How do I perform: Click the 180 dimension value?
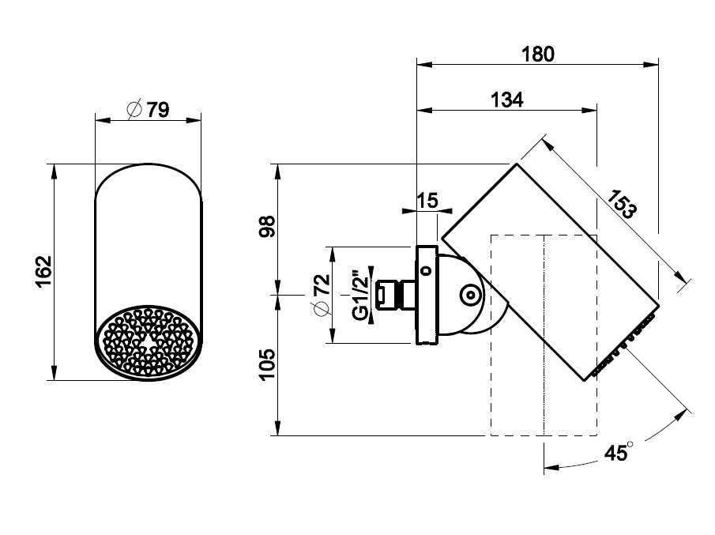tap(538, 55)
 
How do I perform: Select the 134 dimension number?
tap(507, 100)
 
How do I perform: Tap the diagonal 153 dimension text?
tap(621, 203)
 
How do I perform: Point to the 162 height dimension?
tap(44, 271)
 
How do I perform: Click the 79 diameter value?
tap(158, 110)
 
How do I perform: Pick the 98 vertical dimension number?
tap(268, 226)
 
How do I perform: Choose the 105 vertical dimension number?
tap(268, 364)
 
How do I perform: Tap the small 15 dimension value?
tap(427, 200)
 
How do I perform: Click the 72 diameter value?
tap(322, 284)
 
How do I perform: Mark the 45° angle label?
tap(619, 452)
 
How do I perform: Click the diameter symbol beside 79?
tap(134, 109)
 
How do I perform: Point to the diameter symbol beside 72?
tap(322, 309)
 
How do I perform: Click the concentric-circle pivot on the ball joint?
tap(469, 295)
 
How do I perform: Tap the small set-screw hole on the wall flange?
tap(427, 270)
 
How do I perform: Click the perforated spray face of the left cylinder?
tap(148, 343)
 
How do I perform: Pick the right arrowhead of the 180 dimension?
tap(651, 65)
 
